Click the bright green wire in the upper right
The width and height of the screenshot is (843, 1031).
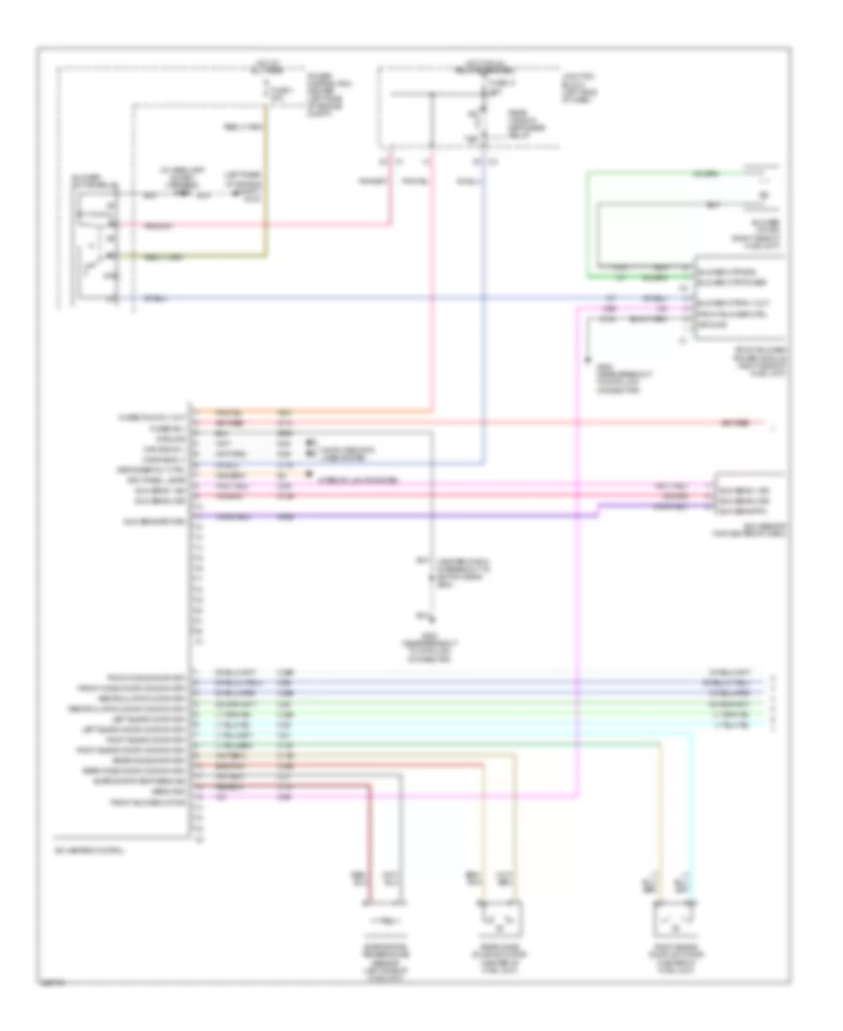pos(656,172)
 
